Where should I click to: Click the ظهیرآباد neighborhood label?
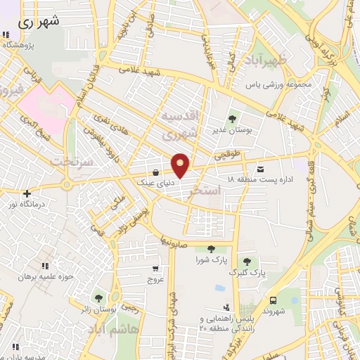tap(263, 61)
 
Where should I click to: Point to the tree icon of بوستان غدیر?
tap(233, 117)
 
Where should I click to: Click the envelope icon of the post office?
tap(261, 169)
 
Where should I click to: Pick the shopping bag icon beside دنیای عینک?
tap(155, 172)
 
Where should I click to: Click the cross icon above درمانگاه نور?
tap(26, 193)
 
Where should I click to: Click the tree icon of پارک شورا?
tap(211, 248)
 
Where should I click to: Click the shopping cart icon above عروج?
tap(155, 268)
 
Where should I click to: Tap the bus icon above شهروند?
tap(273, 299)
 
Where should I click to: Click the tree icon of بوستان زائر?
tap(98, 298)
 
